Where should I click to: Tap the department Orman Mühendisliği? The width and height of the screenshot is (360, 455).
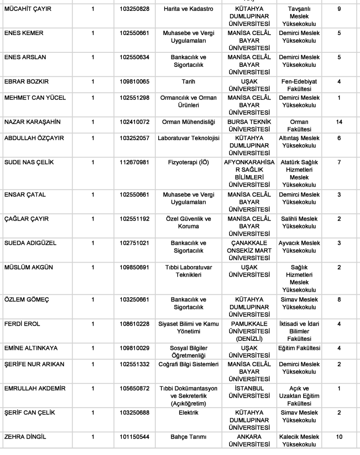(x=188, y=122)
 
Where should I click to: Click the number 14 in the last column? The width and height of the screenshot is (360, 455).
(x=339, y=122)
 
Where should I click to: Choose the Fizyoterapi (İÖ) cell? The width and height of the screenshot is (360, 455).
(x=188, y=162)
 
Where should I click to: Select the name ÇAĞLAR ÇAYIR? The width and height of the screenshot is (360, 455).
(x=26, y=219)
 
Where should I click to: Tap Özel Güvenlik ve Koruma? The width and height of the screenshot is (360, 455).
(x=188, y=222)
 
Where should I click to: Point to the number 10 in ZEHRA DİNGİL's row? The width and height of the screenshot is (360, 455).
(x=339, y=436)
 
